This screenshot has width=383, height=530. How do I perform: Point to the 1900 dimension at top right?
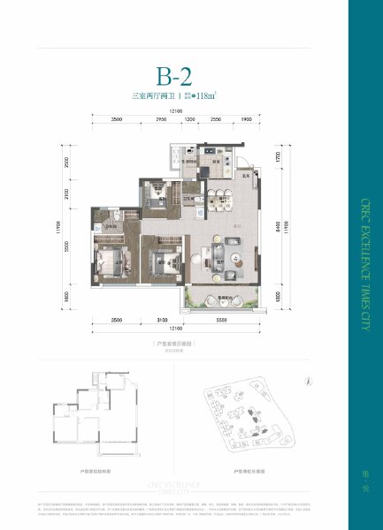pos(244,119)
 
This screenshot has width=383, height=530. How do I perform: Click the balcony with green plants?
pos(221,299)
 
